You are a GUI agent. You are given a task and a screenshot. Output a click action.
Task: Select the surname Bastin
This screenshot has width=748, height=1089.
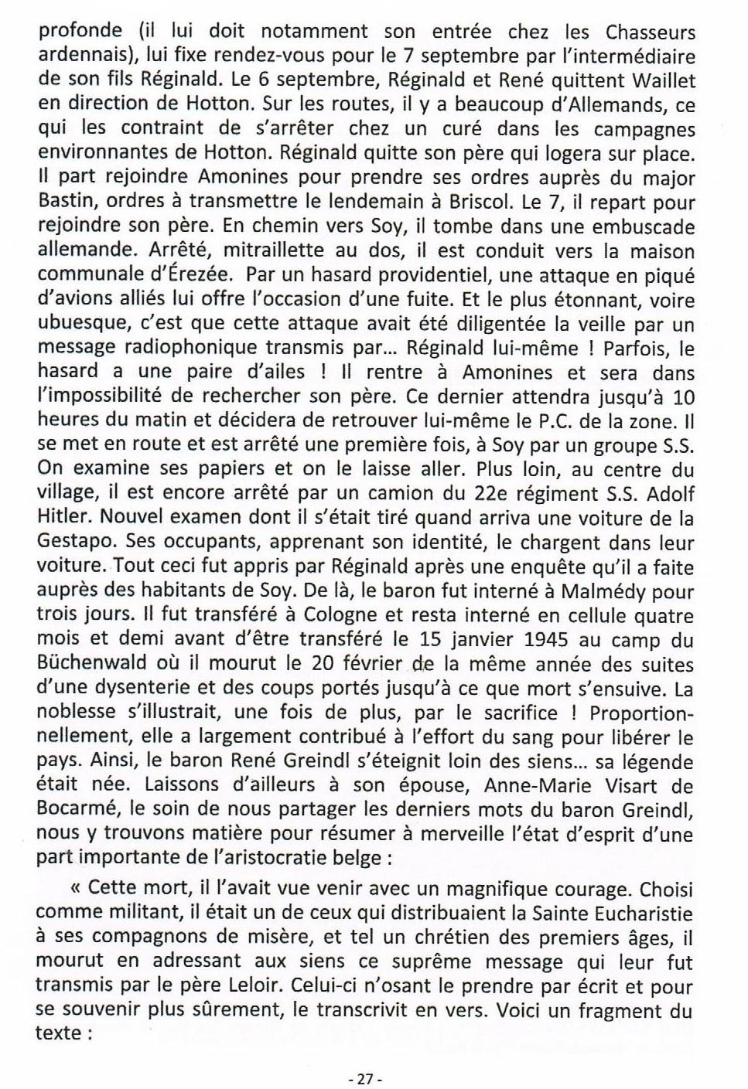coord(66,202)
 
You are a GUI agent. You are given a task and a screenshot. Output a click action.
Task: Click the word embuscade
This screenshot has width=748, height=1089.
coord(644,227)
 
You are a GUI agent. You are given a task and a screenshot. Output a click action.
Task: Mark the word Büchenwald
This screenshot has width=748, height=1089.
coord(93,665)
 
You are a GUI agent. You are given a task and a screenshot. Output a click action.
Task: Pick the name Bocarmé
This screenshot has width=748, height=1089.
coord(74,812)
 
